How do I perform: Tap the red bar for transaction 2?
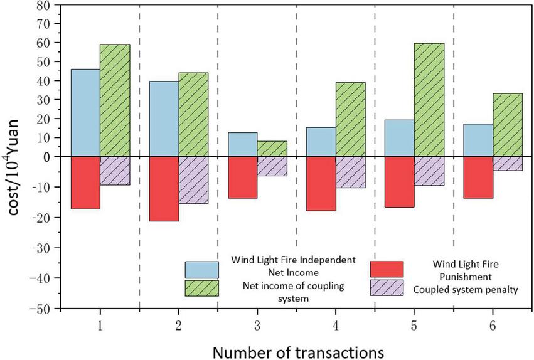[x=163, y=189]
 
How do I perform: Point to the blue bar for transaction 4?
[x=321, y=142]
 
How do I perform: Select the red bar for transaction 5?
[x=399, y=182]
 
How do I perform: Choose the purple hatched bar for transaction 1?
[x=115, y=171]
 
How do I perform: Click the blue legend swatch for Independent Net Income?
[x=201, y=270]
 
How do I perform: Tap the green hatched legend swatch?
[x=201, y=287]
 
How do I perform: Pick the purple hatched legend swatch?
[x=387, y=287]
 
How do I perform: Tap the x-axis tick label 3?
[x=257, y=326]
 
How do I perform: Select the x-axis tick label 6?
[x=493, y=326]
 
